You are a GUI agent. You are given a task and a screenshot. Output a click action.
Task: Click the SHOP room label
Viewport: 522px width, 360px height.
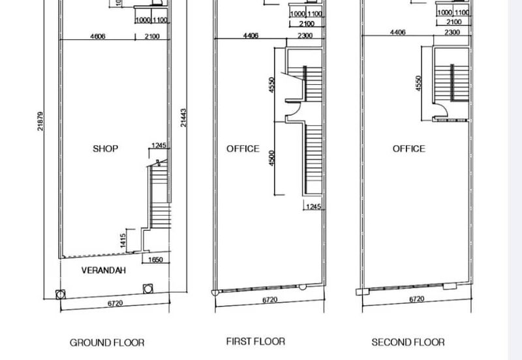point(105,149)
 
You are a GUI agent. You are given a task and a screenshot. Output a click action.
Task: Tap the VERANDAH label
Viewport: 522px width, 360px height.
point(104,270)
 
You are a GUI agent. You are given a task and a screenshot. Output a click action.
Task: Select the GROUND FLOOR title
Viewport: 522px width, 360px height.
point(107,342)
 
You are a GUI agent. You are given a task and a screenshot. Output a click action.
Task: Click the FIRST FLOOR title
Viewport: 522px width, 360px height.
point(255,341)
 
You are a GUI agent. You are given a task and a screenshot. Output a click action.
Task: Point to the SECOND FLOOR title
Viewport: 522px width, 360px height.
point(408,342)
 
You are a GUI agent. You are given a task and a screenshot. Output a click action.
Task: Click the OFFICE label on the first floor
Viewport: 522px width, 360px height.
point(243,149)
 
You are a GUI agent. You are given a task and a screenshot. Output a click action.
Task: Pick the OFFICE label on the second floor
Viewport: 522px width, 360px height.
point(409,149)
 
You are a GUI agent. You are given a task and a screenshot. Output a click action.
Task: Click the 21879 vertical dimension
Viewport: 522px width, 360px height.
point(40,121)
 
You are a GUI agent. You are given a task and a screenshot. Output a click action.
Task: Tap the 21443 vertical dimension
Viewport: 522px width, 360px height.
point(183,117)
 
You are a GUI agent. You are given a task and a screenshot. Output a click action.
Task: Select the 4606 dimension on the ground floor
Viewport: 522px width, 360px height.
point(97,37)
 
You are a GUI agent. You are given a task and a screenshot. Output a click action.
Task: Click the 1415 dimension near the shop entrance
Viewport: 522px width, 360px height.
point(123,240)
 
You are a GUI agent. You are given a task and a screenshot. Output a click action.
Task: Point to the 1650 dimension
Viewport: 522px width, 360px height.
point(155,260)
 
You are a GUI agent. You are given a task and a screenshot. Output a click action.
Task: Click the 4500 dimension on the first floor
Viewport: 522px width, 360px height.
point(271,158)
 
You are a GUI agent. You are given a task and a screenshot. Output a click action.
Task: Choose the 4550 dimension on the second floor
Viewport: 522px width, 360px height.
point(418,83)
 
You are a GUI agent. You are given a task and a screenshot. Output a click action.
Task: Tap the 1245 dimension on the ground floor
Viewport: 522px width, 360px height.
point(159,145)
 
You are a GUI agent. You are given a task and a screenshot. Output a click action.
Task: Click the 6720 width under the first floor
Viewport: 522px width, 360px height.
point(269,300)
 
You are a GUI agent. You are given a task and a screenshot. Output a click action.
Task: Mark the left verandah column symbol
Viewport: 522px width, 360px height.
point(60,294)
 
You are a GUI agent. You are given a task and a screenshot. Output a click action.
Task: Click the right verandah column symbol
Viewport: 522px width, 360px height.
point(148,288)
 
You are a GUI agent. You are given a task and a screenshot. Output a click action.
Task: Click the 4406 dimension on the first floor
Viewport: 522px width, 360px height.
point(251,36)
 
